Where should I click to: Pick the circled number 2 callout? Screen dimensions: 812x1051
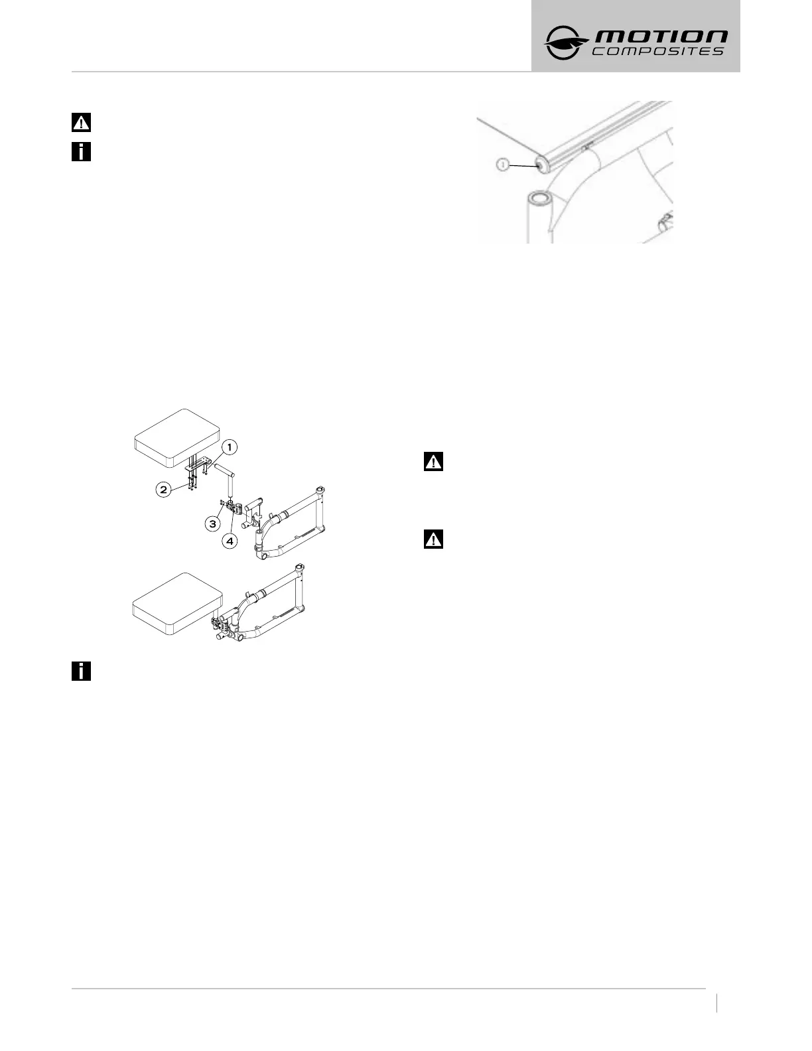pyautogui.click(x=163, y=490)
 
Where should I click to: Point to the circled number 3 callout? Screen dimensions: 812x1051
pyautogui.click(x=212, y=524)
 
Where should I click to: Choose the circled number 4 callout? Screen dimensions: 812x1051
pyautogui.click(x=230, y=541)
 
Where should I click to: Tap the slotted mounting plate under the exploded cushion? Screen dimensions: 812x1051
pyautogui.click(x=200, y=462)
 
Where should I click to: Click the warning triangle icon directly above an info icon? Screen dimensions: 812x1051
pyautogui.click(x=81, y=123)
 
